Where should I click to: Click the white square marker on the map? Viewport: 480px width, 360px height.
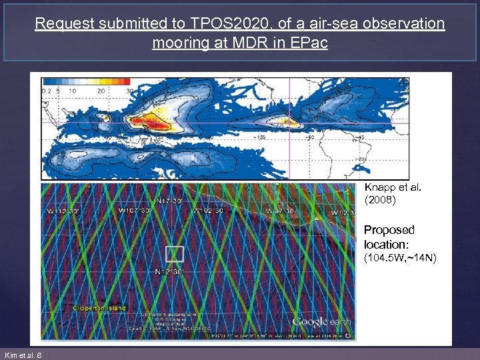coord(174,253)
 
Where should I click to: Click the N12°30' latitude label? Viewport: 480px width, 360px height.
coord(169,272)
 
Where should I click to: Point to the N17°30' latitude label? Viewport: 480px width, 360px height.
coord(169,201)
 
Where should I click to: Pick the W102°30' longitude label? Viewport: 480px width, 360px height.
coord(207,211)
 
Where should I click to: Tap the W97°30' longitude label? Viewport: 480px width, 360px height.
coord(280,211)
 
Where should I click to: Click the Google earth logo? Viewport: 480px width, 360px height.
coord(321,322)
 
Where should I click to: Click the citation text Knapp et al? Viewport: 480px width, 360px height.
coord(393,187)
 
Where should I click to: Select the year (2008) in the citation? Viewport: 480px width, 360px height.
coord(381,199)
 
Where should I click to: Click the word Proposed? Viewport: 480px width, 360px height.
coord(389,230)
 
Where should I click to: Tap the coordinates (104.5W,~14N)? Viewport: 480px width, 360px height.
coord(400,258)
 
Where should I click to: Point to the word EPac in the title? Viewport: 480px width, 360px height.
coord(310,43)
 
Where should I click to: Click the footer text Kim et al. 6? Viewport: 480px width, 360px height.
coord(23,355)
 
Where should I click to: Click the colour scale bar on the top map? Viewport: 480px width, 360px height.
coord(87,81)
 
